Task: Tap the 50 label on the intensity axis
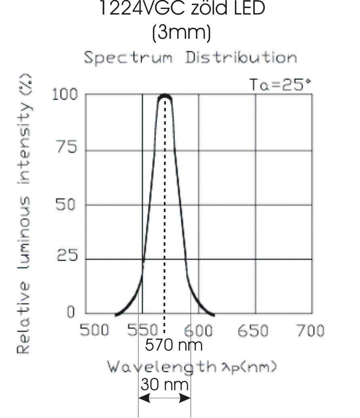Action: [67, 204]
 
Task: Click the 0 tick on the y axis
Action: [71, 313]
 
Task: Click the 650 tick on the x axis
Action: [253, 331]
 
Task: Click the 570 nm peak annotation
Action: [174, 345]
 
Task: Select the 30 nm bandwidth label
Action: [164, 385]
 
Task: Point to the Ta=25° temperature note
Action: [280, 85]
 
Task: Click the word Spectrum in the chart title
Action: [128, 58]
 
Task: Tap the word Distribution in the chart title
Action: [241, 57]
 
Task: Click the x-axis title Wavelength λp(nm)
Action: [192, 367]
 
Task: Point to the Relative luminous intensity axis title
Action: [25, 214]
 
